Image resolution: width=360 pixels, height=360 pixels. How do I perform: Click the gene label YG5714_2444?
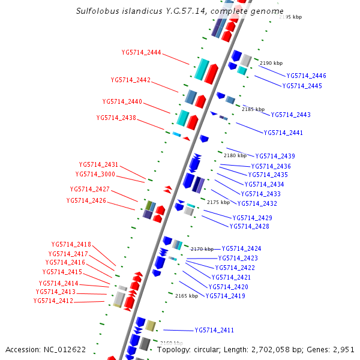[x=141, y=52]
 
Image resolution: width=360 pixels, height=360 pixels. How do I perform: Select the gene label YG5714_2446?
[x=306, y=76]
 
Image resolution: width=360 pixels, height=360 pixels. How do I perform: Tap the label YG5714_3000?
[x=95, y=174]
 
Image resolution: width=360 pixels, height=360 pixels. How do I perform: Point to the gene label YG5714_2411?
[x=214, y=331]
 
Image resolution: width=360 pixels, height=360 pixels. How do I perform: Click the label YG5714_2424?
[x=242, y=248]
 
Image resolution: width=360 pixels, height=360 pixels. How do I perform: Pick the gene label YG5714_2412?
[x=53, y=301]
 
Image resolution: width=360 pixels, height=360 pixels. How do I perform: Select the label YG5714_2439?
[x=275, y=157]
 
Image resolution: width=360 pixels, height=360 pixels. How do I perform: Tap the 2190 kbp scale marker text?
[x=271, y=63]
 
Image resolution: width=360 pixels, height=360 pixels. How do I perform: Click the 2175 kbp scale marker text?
[x=218, y=203]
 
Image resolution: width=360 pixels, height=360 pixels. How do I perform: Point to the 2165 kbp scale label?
[x=187, y=296]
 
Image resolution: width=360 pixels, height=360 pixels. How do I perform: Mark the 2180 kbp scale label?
[x=235, y=155]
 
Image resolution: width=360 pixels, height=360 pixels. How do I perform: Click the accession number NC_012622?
[x=65, y=349]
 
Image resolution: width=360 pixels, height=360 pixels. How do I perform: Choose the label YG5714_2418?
[x=71, y=244]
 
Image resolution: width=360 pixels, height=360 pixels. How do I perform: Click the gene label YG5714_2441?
[x=283, y=133]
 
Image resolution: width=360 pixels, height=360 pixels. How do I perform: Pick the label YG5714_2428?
[x=250, y=227]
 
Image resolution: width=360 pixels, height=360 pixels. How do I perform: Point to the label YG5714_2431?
[x=98, y=164]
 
